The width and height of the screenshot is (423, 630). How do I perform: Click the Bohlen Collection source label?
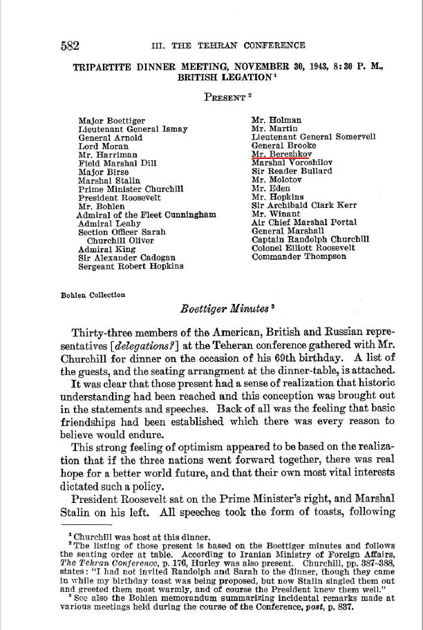(x=93, y=294)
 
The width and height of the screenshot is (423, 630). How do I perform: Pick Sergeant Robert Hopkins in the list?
(x=131, y=265)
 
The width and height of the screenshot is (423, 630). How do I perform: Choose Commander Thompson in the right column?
(x=299, y=256)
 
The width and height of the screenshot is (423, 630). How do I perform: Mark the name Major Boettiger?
(x=112, y=120)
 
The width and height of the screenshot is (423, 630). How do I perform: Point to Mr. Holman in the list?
(x=276, y=120)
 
